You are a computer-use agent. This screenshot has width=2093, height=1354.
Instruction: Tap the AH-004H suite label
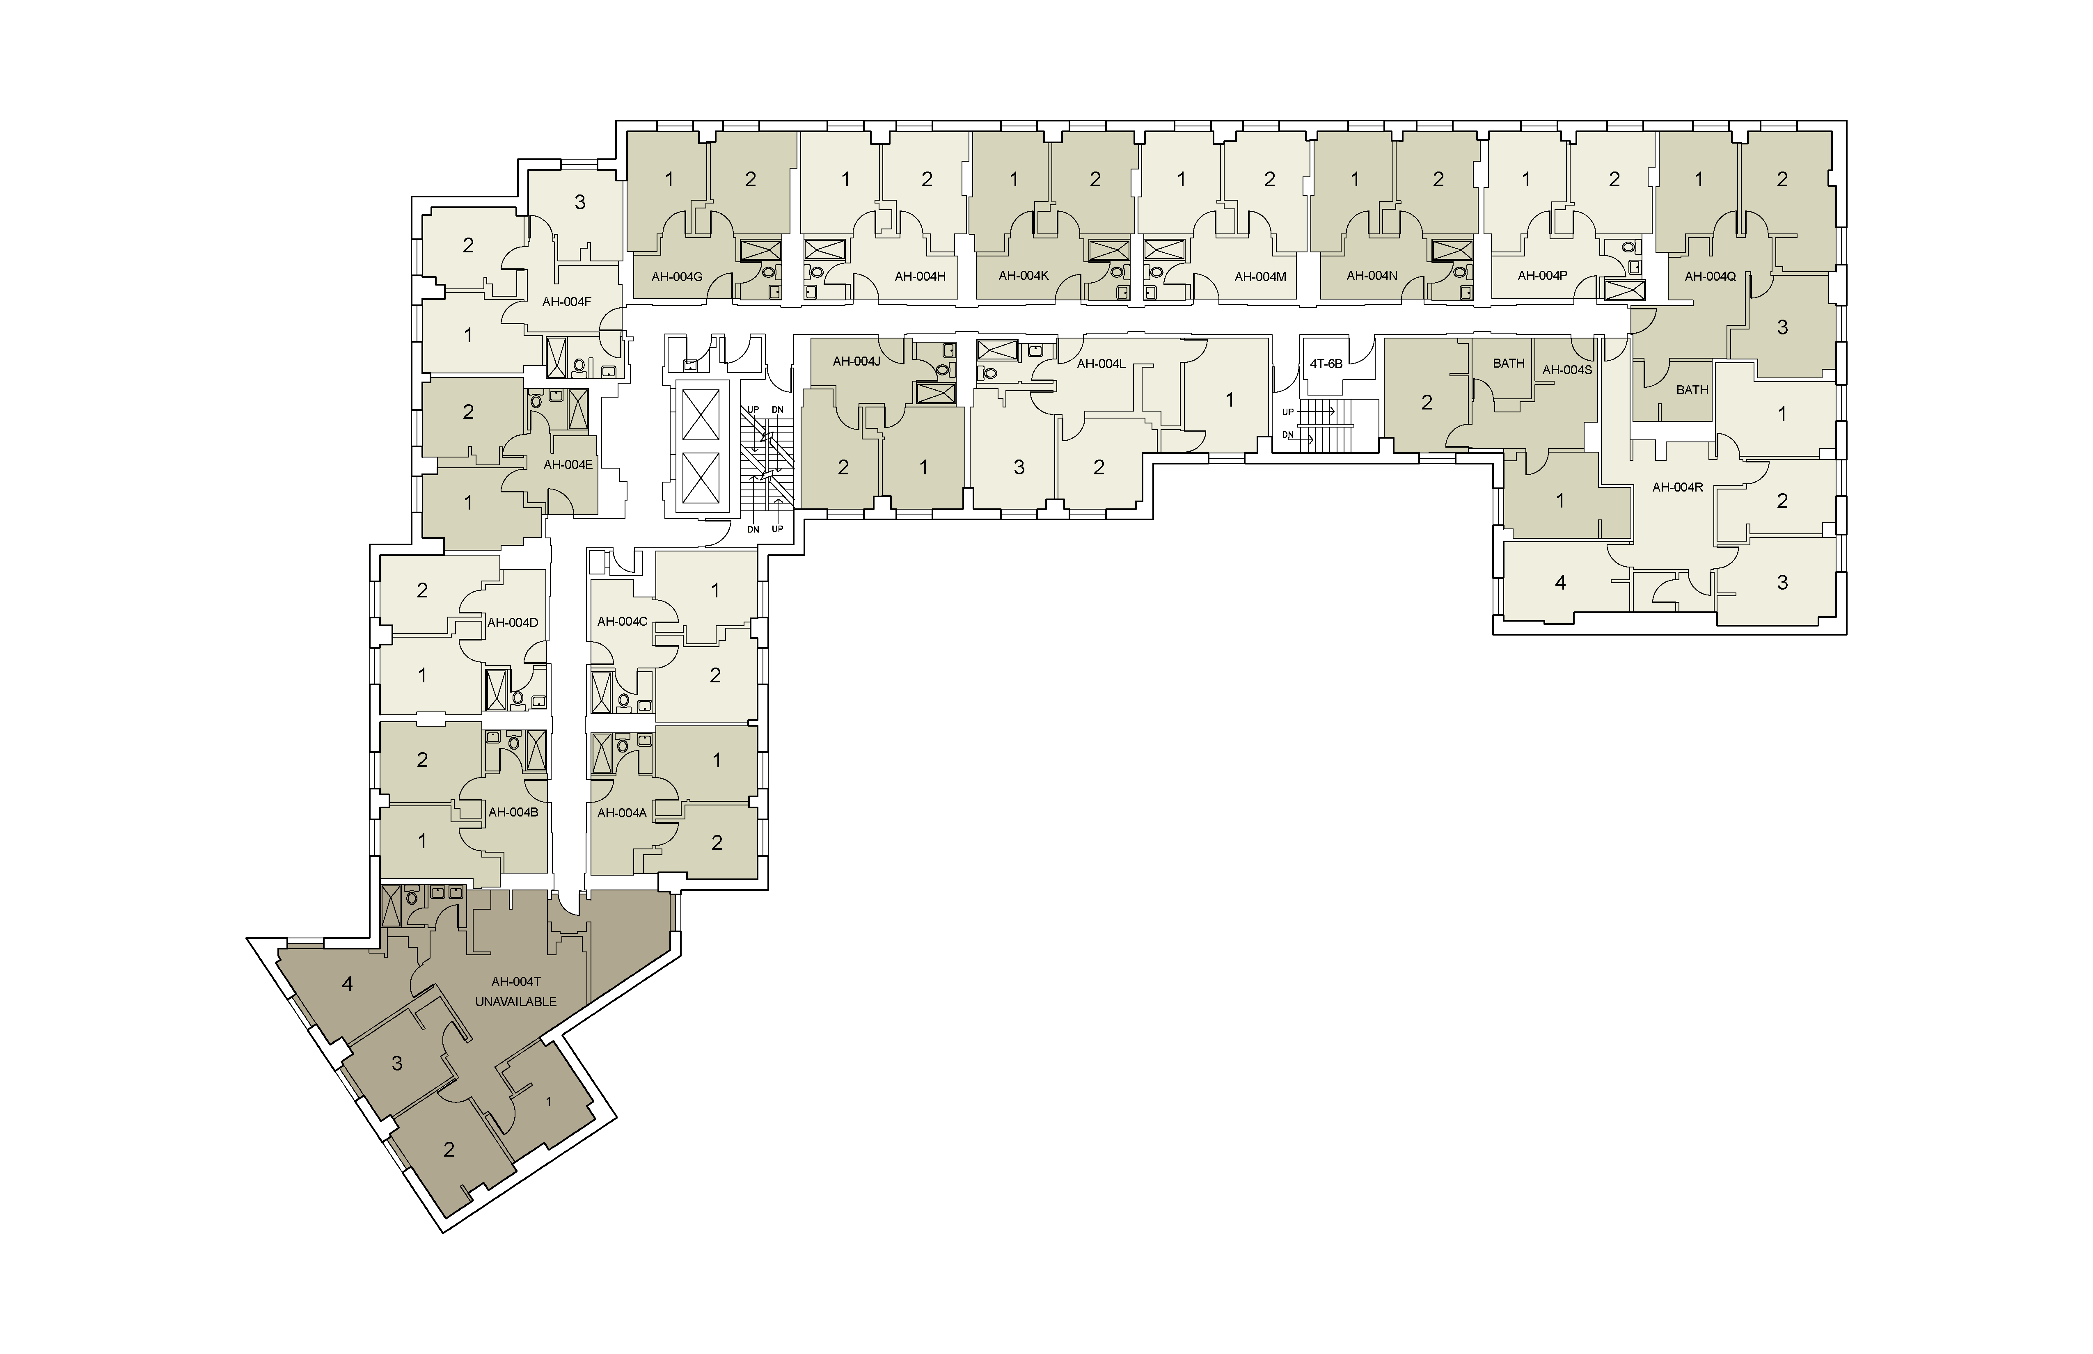[920, 276]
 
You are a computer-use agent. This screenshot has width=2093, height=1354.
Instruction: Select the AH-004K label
[1024, 275]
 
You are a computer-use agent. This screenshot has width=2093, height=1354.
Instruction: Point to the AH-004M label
[1260, 276]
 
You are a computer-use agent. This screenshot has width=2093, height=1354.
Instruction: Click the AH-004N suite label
[1372, 275]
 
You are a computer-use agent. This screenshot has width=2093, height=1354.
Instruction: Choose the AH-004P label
[1543, 275]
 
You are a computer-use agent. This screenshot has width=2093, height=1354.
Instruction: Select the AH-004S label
[1567, 369]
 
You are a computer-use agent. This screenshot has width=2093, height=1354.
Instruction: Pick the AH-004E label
[568, 464]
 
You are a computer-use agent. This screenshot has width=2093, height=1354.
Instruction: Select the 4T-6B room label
[1326, 363]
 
